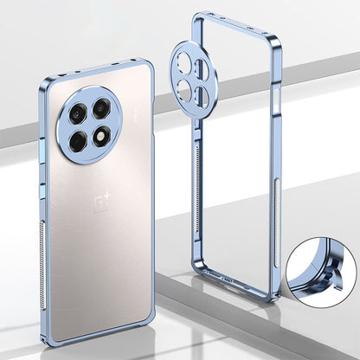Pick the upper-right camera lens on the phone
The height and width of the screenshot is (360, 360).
click(x=101, y=108)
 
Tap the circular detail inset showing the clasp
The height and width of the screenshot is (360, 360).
click(x=322, y=272)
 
